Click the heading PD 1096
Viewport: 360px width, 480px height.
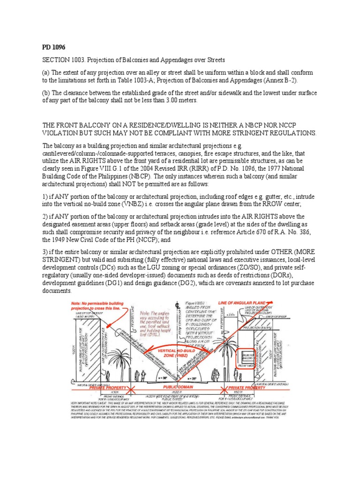(52, 47)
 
